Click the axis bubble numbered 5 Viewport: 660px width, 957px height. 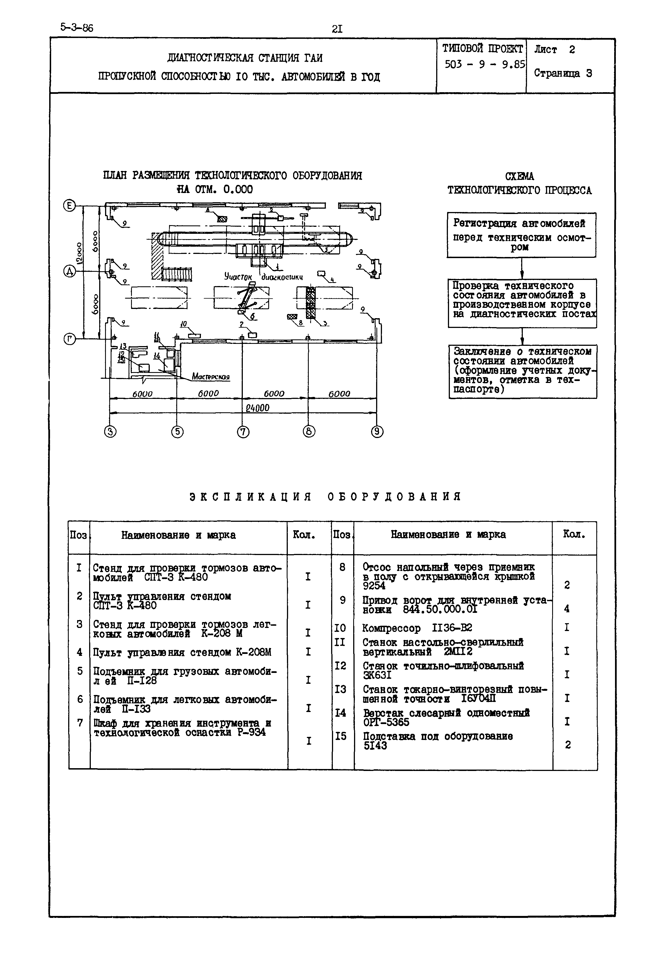click(x=177, y=432)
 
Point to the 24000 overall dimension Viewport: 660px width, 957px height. click(x=257, y=408)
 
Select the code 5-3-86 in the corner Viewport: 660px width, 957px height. click(x=77, y=27)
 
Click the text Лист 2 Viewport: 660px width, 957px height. click(x=554, y=50)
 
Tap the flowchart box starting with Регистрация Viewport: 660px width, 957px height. click(x=521, y=235)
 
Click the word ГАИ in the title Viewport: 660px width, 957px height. click(x=313, y=58)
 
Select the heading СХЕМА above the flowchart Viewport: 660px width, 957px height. click(x=519, y=177)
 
